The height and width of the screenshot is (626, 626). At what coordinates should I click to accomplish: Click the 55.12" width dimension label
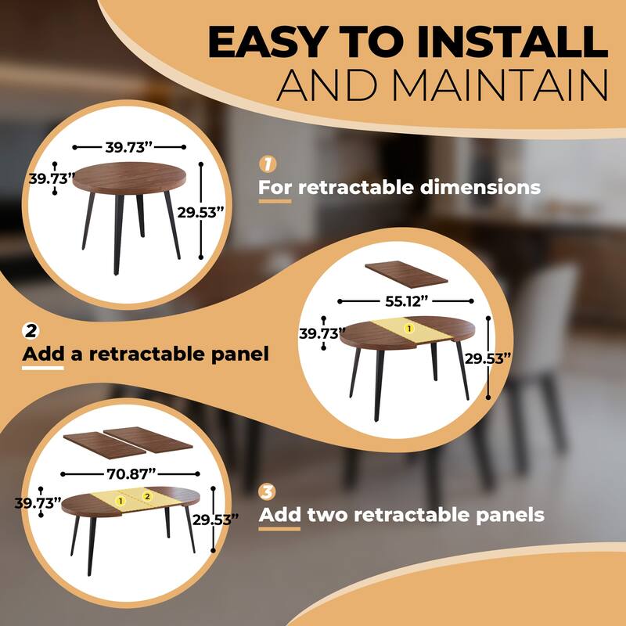click(407, 300)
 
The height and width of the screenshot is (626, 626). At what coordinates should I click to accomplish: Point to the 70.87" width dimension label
click(131, 472)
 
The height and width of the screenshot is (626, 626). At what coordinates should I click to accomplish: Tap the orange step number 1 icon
click(268, 164)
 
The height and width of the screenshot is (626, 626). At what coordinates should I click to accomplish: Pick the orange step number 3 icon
click(268, 491)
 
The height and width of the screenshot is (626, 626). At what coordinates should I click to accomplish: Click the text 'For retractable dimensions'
click(399, 188)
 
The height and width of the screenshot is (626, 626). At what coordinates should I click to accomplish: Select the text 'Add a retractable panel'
click(145, 354)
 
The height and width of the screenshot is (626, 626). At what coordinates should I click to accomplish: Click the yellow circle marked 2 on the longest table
click(146, 496)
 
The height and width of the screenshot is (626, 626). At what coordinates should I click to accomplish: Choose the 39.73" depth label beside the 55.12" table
click(322, 334)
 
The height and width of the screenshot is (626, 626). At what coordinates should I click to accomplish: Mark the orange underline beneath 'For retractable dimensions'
click(275, 202)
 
